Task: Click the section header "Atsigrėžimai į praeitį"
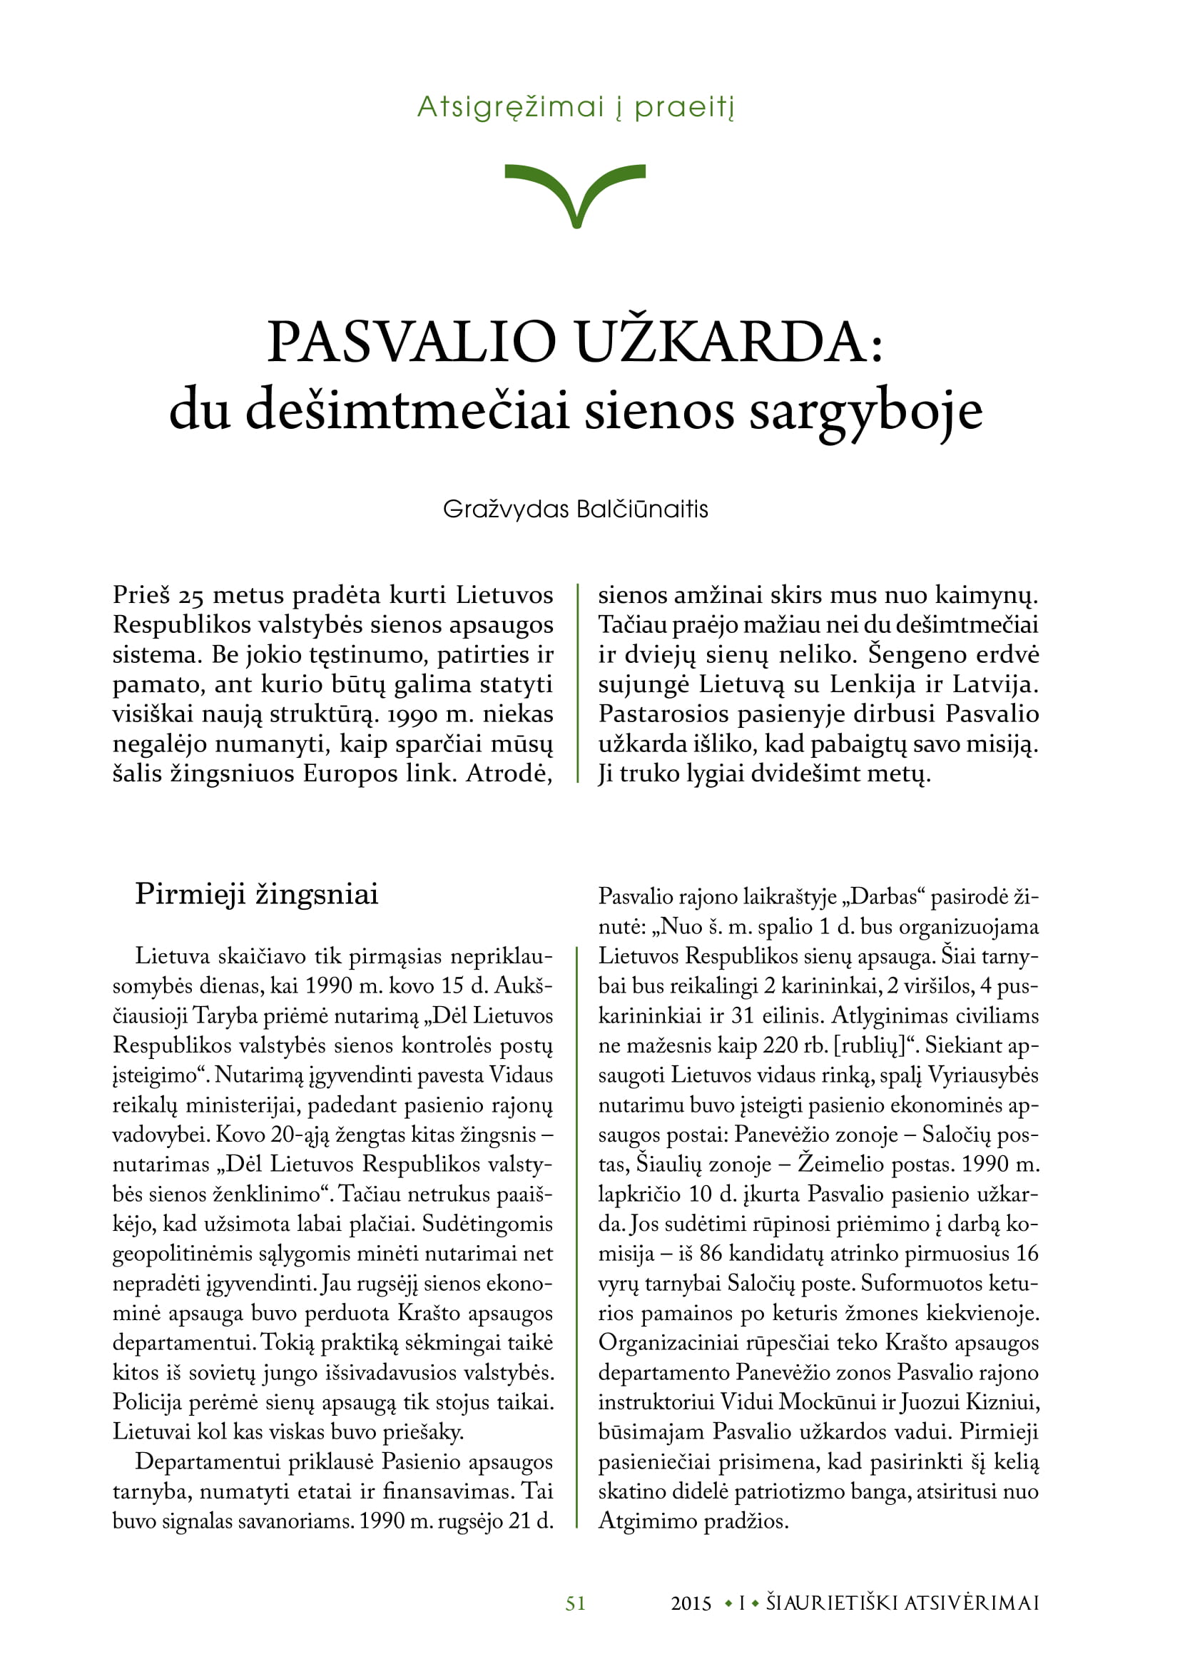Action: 576,108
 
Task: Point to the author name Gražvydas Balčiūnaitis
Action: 576,509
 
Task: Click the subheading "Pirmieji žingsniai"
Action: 257,894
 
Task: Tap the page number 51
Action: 576,1603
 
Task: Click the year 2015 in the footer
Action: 691,1603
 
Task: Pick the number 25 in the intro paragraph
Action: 192,596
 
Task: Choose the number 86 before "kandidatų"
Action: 711,1254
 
